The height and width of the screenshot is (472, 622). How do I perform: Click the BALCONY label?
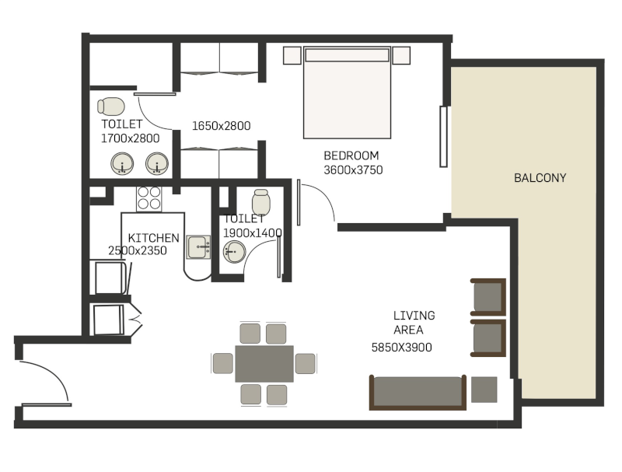(540, 178)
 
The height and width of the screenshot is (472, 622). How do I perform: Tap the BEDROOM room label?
(351, 156)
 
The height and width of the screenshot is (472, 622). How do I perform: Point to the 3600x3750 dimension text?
(353, 170)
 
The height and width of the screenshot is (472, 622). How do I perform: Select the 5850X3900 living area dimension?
(401, 348)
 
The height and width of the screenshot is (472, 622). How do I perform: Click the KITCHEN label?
(153, 238)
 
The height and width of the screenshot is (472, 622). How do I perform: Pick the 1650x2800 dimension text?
(221, 126)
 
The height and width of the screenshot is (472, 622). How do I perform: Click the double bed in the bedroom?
(347, 93)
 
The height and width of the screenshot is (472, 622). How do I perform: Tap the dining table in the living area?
(264, 364)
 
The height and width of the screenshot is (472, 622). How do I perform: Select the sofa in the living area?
(418, 392)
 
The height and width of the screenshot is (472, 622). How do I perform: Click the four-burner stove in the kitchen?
(149, 198)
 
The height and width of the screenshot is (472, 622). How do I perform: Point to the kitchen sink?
(198, 247)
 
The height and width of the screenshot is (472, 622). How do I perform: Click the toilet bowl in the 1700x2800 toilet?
(111, 107)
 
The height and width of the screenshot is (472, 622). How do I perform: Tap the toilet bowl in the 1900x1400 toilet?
(261, 202)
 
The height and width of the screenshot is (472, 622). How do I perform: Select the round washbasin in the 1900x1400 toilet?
(234, 251)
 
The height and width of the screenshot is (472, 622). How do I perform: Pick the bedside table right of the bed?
(401, 55)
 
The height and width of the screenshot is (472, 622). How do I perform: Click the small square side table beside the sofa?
(484, 390)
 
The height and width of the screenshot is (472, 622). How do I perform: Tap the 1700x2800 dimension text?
(130, 138)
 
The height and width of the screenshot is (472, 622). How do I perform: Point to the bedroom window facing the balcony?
(444, 136)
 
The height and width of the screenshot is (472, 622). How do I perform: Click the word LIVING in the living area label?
(414, 316)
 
